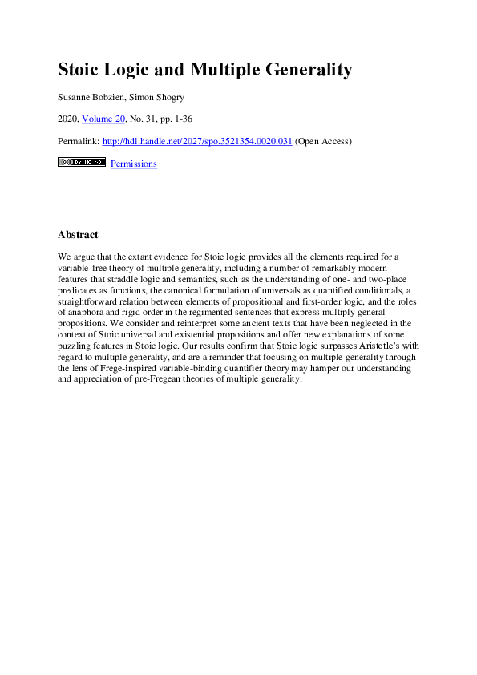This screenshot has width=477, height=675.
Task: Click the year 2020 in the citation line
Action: (68, 119)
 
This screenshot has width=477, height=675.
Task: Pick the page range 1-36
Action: (180, 119)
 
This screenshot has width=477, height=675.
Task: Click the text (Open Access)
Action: (324, 141)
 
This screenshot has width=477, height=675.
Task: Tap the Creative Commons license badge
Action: (82, 162)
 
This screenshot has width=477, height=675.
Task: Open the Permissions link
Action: (133, 164)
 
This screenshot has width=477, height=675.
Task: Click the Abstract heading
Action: (78, 235)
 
